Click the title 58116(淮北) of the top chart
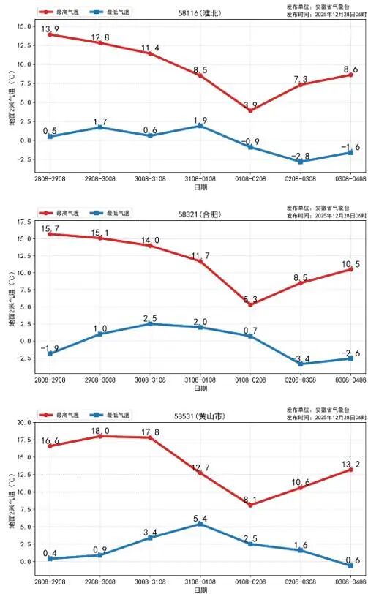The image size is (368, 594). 200,13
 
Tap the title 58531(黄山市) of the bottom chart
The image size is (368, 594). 200,416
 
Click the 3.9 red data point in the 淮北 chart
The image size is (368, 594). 250,110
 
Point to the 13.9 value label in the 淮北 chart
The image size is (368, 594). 50,29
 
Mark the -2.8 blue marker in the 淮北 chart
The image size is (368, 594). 301,161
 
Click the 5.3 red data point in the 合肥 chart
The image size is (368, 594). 250,304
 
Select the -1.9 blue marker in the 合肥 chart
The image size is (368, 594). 50,353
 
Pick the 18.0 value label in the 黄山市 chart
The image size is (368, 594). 100,431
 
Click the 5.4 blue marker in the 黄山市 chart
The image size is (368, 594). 200,524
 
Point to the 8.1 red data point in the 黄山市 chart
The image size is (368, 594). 250,505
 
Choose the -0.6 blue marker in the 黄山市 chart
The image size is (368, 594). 350,565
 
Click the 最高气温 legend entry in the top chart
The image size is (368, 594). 62,12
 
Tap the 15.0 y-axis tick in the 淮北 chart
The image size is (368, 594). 23,26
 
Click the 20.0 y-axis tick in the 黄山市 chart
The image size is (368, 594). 23,424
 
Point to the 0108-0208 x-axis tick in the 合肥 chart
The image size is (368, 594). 250,380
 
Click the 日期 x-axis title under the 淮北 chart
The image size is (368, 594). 200,188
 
